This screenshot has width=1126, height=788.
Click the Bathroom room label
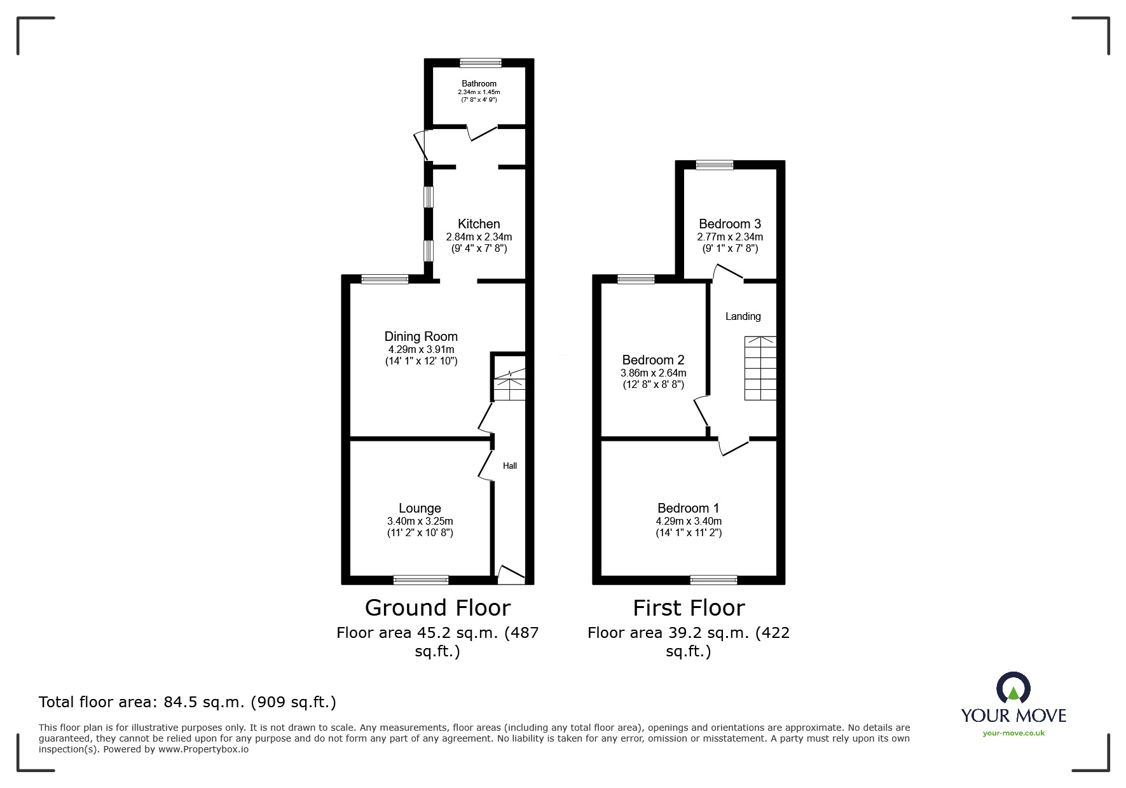click(479, 83)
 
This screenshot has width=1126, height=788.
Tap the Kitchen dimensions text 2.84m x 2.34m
click(479, 237)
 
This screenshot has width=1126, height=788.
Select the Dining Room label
click(421, 336)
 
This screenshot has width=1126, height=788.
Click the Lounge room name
click(420, 508)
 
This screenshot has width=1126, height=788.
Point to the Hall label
click(510, 466)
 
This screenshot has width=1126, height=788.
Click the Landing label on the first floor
click(743, 316)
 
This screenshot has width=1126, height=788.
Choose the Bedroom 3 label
click(729, 224)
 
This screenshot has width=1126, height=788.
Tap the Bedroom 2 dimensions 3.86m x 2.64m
click(653, 373)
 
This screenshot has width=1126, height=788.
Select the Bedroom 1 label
click(688, 508)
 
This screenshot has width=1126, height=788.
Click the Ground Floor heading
click(437, 608)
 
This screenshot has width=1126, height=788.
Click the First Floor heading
click(689, 608)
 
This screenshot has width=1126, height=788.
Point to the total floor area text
click(188, 702)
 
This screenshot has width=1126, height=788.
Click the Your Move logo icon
click(1013, 689)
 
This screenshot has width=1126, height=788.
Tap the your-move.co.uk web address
click(1013, 733)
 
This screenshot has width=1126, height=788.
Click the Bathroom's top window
click(481, 63)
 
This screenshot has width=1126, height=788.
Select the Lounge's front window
click(421, 579)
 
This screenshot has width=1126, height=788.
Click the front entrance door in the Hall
click(511, 575)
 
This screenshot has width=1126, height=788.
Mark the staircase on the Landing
click(760, 368)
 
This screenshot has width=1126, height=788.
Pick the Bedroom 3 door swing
click(727, 273)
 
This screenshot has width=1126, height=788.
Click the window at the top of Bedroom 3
click(715, 165)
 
